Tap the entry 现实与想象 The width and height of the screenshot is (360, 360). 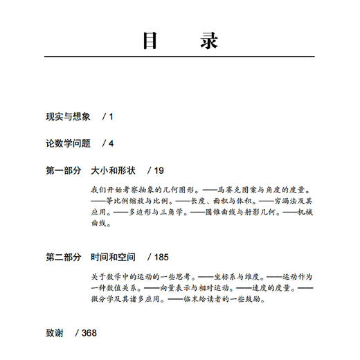68,116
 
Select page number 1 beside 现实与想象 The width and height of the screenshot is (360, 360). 110,116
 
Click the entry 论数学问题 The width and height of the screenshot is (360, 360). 68,143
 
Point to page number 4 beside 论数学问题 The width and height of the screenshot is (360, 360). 110,143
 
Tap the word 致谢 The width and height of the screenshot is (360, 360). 55,333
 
